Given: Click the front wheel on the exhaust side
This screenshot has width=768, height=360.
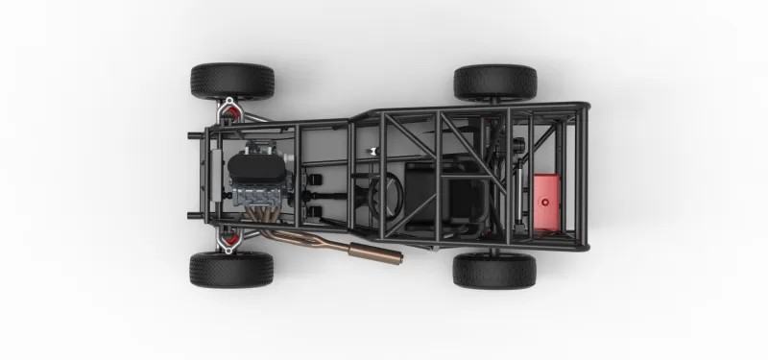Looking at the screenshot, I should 231,269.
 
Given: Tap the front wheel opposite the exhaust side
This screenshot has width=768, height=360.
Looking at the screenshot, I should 231,81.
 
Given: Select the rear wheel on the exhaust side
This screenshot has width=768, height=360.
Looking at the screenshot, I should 494,270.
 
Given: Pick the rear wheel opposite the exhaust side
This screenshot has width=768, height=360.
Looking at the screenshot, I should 494,82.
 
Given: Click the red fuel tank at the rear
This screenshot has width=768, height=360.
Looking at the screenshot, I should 545,202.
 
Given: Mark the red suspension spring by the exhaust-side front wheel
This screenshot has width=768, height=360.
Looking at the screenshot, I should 230,236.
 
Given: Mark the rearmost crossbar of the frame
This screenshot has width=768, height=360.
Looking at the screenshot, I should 582,177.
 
